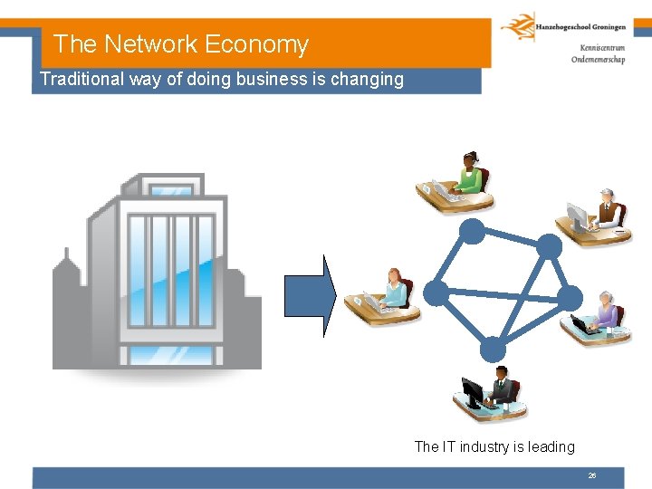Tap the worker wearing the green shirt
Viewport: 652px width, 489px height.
469,175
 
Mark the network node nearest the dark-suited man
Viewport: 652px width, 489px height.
493,348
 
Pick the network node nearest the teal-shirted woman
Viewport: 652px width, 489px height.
436,291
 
